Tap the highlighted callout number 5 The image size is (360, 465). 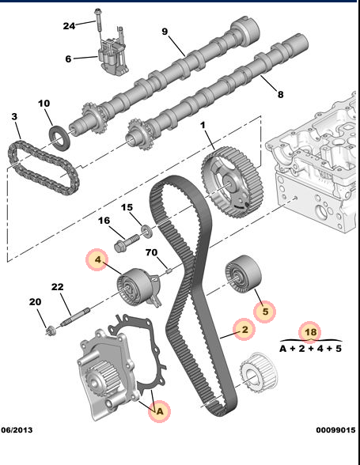(266, 312)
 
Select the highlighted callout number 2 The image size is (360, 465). (244, 331)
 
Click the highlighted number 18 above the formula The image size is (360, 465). (309, 332)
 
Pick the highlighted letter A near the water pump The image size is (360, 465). (159, 410)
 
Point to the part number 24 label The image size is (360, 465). (70, 25)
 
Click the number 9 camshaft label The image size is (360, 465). (165, 32)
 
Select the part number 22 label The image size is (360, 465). (57, 286)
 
